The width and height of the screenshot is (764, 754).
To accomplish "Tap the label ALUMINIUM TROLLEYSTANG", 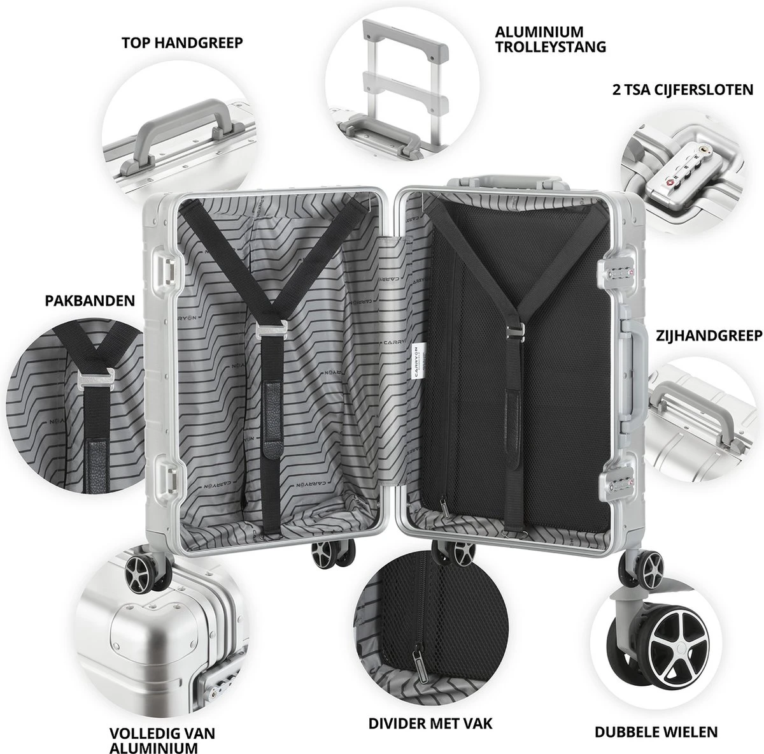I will click(x=551, y=39).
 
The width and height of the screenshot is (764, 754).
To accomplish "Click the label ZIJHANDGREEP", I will click(x=709, y=336).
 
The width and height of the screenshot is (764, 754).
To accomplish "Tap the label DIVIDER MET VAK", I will click(x=431, y=725).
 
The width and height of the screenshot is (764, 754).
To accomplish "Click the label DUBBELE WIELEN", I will click(x=656, y=732).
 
